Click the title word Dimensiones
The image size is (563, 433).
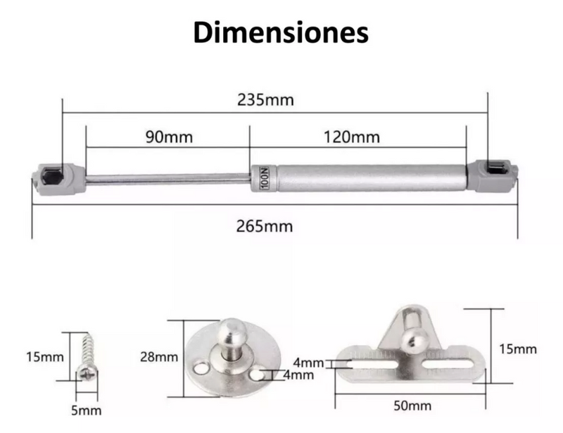(281, 33)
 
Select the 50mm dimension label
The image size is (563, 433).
(412, 406)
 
